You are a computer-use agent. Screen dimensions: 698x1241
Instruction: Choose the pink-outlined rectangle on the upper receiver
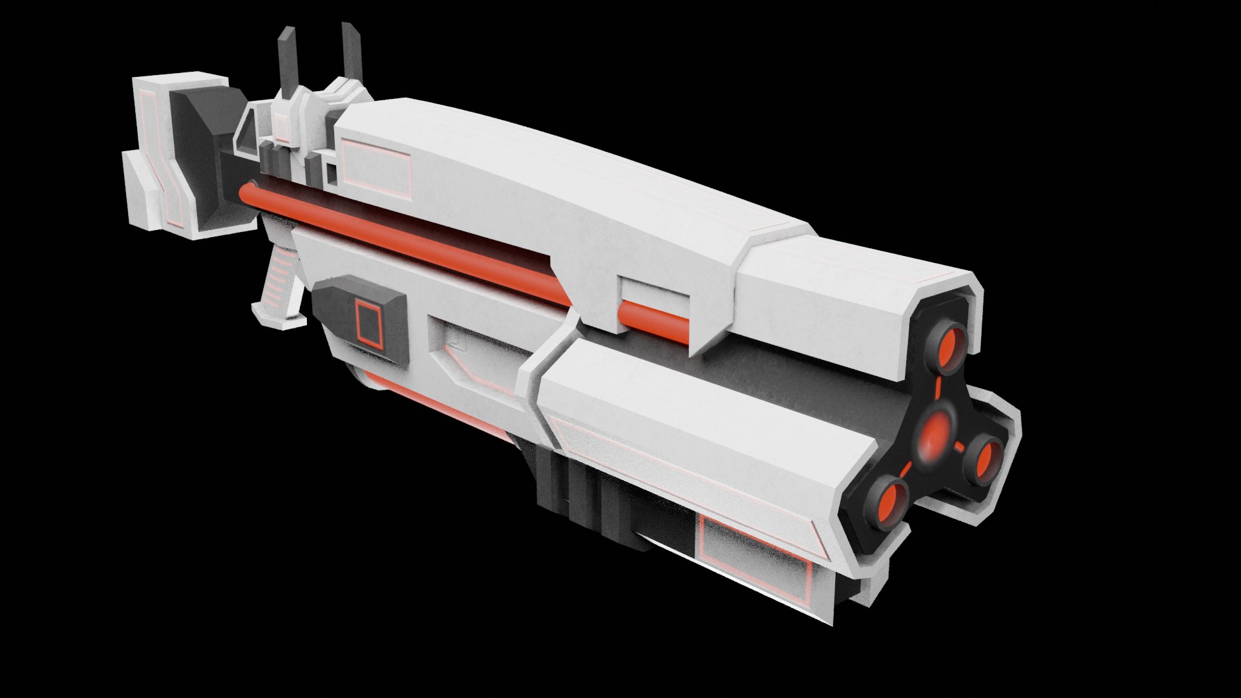[x=376, y=167]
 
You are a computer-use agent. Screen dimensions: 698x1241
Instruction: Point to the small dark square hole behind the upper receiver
[x=330, y=173]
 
